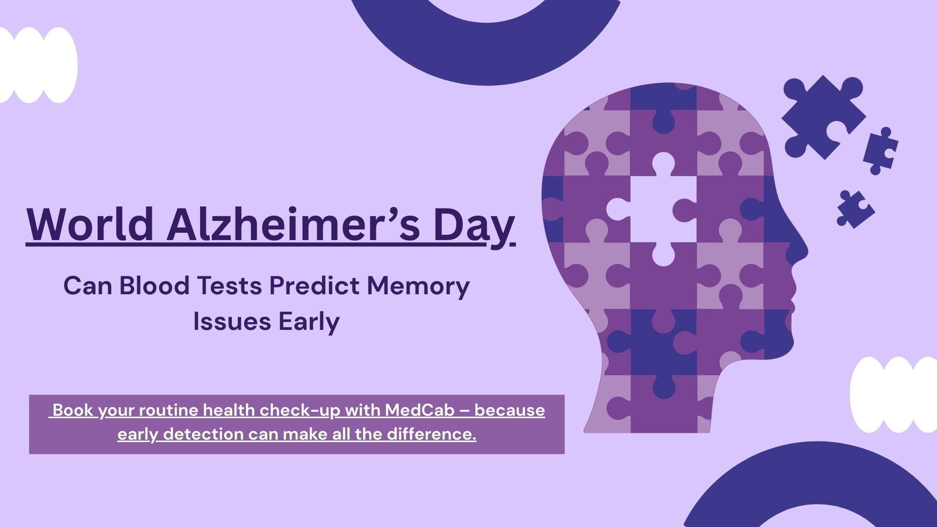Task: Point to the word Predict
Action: [314, 286]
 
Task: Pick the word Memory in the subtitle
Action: [418, 286]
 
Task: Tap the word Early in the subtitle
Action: [309, 322]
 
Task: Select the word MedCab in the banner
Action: [419, 410]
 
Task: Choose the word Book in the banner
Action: [73, 410]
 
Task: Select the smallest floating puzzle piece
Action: [854, 209]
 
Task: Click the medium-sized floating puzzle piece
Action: [880, 150]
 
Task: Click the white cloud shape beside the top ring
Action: [37, 65]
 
